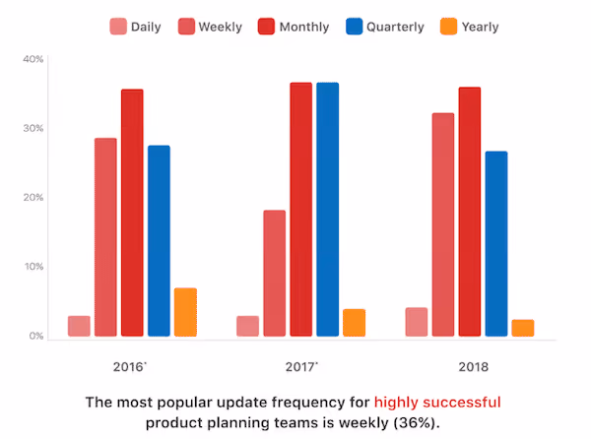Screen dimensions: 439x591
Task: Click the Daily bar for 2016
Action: [x=79, y=326]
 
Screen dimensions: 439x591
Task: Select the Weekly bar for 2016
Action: [x=105, y=237]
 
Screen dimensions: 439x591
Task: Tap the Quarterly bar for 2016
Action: [x=159, y=241]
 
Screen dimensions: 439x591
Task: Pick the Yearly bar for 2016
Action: [x=185, y=312]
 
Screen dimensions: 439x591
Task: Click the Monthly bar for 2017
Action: [x=300, y=210]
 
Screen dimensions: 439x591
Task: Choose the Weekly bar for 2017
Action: [x=274, y=274]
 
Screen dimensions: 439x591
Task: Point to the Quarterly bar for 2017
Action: [x=327, y=210]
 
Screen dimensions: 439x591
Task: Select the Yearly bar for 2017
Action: [x=354, y=323]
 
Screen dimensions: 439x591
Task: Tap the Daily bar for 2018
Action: [x=417, y=322]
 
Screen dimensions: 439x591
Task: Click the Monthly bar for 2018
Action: [x=470, y=212]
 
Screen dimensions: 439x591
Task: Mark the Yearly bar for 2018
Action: [x=523, y=328]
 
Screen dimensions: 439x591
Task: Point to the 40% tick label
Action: [x=33, y=59]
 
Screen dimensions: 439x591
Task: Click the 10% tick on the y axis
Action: [x=33, y=267]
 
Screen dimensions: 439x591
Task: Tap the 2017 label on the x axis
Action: [x=300, y=366]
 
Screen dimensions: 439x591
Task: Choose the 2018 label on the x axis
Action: [x=470, y=366]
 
